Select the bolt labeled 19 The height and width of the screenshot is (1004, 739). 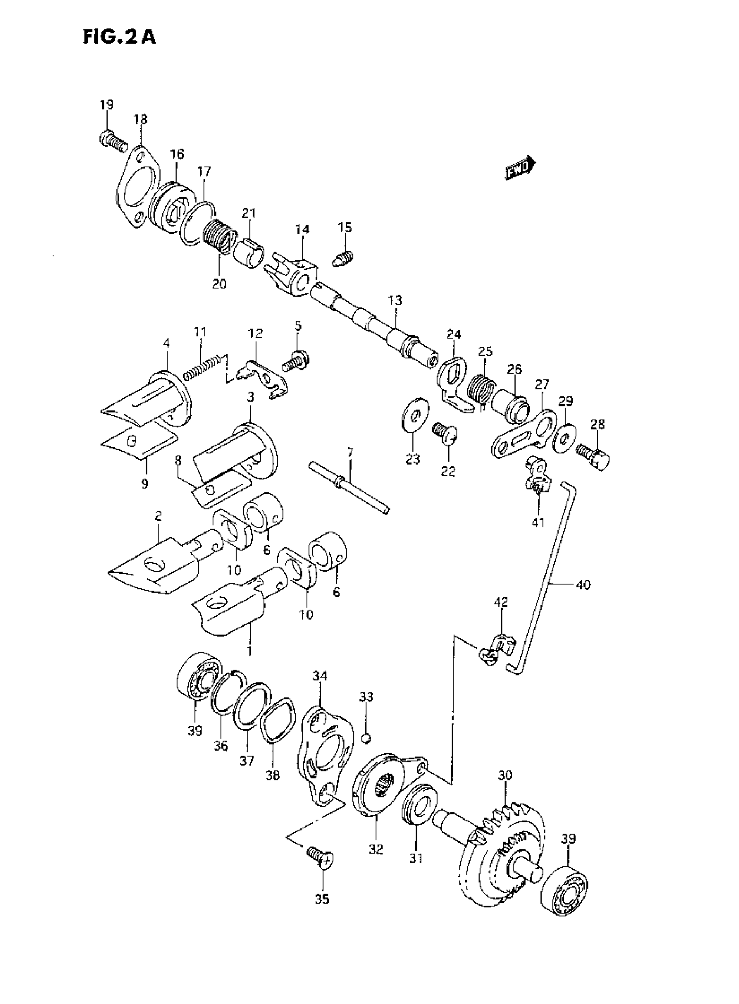pyautogui.click(x=112, y=141)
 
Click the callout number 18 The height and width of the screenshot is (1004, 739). pyautogui.click(x=140, y=120)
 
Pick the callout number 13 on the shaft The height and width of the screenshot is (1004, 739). pyautogui.click(x=395, y=299)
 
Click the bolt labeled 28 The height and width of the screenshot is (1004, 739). pyautogui.click(x=594, y=456)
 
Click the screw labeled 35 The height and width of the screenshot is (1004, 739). pyautogui.click(x=321, y=859)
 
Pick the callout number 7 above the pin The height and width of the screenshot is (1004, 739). pyautogui.click(x=350, y=452)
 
